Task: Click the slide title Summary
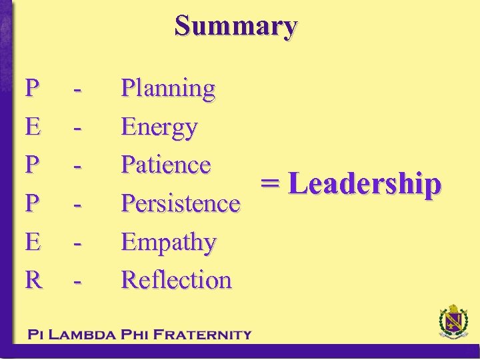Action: tap(236, 26)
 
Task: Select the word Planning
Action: tap(168, 88)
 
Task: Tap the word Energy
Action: tap(159, 127)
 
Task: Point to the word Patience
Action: tap(166, 165)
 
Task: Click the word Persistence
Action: tap(180, 203)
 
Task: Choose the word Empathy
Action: tap(169, 242)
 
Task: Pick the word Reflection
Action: tap(176, 280)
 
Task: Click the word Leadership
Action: tap(365, 185)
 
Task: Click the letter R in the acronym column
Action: tap(33, 280)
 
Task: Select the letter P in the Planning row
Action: tap(31, 88)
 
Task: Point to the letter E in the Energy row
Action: tap(32, 127)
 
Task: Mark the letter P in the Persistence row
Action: tap(31, 203)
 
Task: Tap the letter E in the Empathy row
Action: tap(32, 242)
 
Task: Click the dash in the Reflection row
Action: tap(79, 281)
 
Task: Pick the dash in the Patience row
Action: tap(79, 166)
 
